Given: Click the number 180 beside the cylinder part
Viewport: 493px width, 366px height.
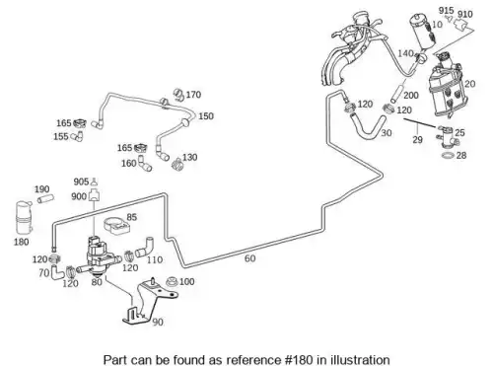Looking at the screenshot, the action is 22,242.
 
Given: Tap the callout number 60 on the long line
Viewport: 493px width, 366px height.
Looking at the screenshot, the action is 249,258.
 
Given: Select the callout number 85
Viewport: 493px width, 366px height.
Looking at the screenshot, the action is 131,217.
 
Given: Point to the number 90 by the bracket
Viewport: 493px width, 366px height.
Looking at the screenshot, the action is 158,322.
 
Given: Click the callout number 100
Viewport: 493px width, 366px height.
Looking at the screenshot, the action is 186,282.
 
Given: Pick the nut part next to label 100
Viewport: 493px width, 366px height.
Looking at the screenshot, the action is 172,282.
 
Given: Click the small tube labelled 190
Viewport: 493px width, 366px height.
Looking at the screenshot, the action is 45,199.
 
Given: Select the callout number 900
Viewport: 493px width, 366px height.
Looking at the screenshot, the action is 79,196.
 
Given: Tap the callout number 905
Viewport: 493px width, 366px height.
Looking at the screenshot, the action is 81,182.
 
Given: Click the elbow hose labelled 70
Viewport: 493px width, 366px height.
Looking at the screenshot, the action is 56,272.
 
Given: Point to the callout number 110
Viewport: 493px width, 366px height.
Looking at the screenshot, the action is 155,259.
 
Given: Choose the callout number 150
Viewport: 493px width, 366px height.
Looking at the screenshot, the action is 206,116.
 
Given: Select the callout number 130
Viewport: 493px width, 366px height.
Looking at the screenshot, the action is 189,158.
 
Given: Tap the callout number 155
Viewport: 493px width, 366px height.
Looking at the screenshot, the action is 61,136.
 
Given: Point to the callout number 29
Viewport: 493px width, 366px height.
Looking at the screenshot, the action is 417,140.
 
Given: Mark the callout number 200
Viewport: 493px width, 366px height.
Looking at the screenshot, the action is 411,96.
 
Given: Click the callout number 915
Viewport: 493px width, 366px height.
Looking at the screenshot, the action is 446,11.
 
